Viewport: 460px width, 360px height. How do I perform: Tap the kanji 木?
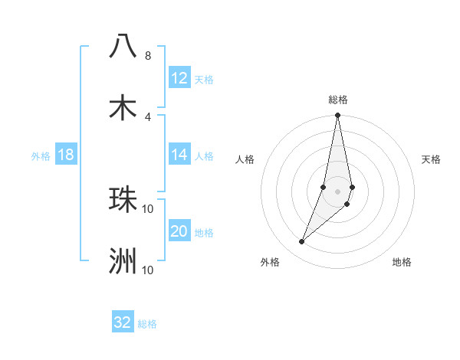tap(123, 108)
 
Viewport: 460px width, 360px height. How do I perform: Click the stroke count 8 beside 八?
tap(147, 56)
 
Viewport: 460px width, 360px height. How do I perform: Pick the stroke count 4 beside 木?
tap(147, 117)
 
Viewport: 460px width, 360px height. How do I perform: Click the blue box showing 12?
tap(179, 78)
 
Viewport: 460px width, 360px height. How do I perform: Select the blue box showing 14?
tap(179, 155)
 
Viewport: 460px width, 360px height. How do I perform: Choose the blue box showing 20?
tap(179, 231)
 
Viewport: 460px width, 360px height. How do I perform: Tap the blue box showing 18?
tap(66, 155)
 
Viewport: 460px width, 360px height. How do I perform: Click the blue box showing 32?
tap(123, 322)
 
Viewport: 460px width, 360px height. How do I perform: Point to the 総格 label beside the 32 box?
tap(147, 324)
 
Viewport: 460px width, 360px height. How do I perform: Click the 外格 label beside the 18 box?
tap(41, 156)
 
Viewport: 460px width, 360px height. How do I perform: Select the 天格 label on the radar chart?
tap(431, 159)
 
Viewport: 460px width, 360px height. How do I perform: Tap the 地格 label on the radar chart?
tap(402, 262)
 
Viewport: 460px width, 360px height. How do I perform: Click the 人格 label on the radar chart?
tap(245, 159)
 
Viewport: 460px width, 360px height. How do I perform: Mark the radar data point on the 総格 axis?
tap(337, 116)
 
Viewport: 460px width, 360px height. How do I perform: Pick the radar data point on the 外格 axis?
tap(301, 242)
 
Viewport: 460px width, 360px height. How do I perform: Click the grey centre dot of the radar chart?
tap(337, 191)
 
